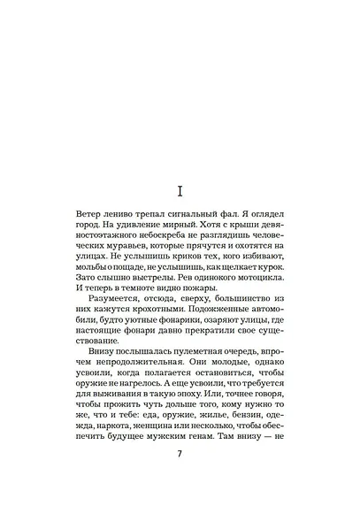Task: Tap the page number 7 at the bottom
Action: click(x=180, y=478)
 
